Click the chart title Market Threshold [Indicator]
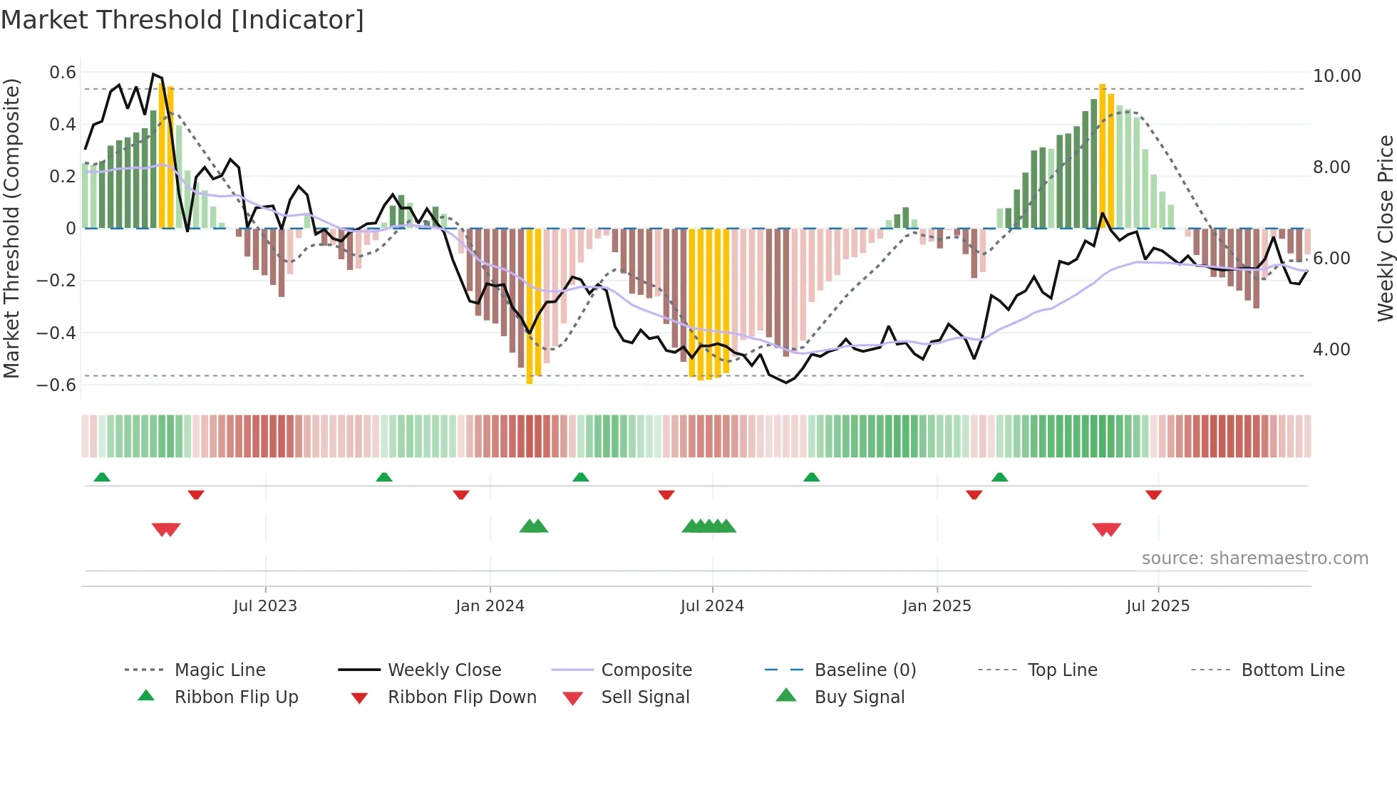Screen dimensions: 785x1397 click(x=182, y=20)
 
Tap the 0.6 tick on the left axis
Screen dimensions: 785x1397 click(x=63, y=73)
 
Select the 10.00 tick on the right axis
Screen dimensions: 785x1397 click(x=1336, y=76)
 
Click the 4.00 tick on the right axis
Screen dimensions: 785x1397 click(x=1331, y=350)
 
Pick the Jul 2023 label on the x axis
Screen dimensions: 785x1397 click(x=265, y=606)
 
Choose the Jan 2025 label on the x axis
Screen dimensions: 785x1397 click(x=937, y=606)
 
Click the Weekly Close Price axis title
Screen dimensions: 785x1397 click(x=1385, y=228)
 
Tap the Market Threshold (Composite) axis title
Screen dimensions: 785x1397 click(x=11, y=228)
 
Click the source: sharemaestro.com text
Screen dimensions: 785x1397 click(x=1254, y=558)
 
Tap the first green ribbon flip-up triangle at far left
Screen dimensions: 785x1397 click(x=102, y=477)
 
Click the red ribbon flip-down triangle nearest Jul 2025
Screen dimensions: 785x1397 click(x=1153, y=494)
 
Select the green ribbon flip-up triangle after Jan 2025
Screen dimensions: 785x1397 click(x=999, y=477)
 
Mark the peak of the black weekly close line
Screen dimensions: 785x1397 click(x=153, y=74)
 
